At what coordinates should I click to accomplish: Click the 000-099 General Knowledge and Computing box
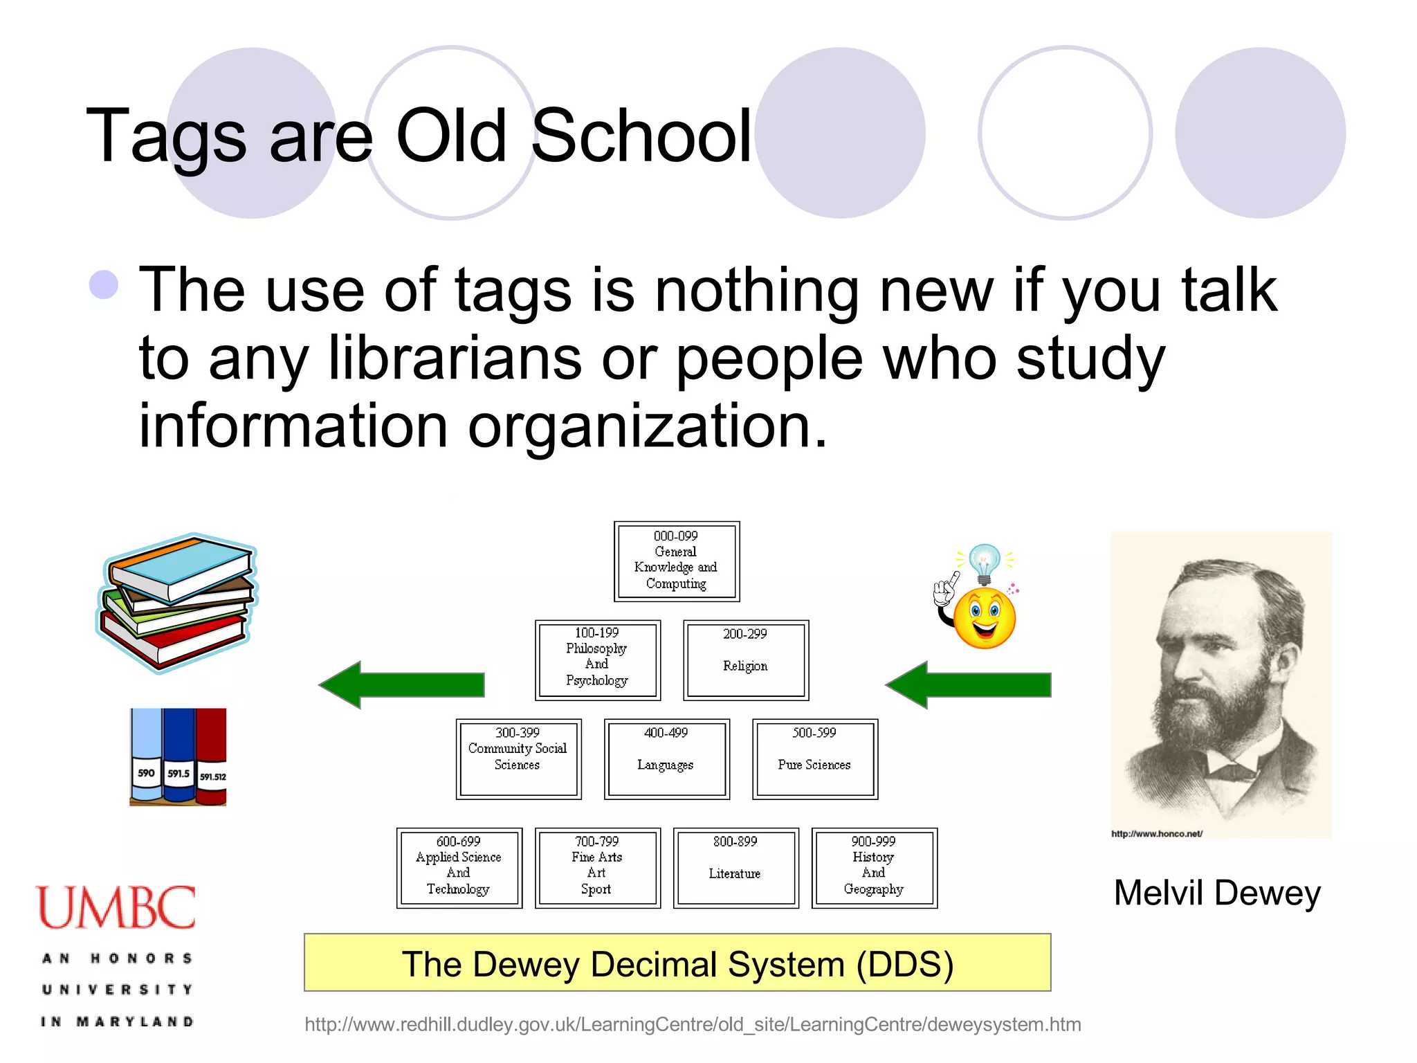point(676,561)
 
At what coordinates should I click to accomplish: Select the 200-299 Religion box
point(745,660)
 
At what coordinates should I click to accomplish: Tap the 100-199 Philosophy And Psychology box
point(597,660)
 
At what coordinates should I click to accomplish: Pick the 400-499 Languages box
point(666,758)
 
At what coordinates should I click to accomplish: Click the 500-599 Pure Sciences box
point(814,758)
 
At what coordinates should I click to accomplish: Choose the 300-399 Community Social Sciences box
point(518,758)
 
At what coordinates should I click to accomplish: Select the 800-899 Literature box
point(735,867)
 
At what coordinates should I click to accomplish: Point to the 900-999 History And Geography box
point(874,867)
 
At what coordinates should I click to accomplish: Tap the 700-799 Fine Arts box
point(597,867)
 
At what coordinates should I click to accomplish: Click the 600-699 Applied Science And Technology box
point(459,867)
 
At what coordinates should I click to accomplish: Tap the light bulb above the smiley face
point(984,563)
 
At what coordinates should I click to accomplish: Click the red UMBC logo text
point(116,907)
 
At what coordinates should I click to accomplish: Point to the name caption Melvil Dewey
point(1216,892)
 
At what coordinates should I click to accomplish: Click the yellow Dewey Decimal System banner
point(677,963)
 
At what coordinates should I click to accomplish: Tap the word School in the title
point(641,136)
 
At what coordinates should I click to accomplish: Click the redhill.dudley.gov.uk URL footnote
point(692,1024)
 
